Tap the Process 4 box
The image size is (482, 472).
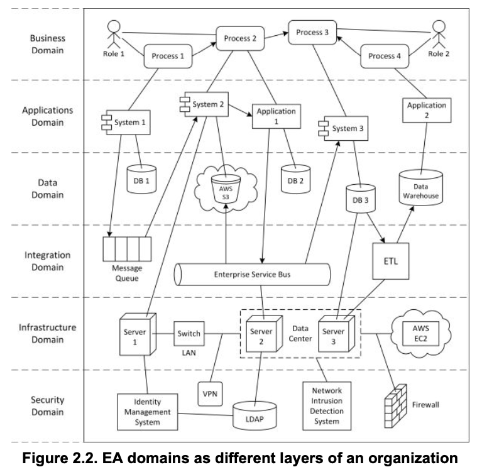384,56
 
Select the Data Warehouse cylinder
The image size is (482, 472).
420,188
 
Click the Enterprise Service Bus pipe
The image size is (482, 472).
251,275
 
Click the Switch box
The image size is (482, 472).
189,333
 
